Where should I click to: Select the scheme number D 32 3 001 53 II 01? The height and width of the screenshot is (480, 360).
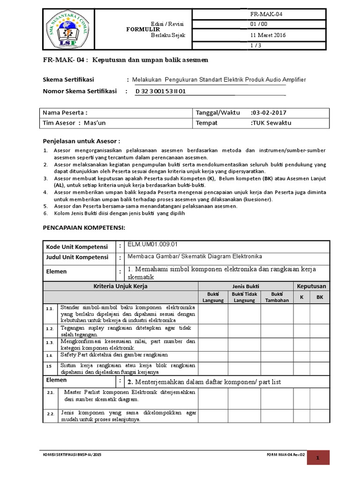pyautogui.click(x=161, y=91)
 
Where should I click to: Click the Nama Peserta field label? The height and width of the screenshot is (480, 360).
pyautogui.click(x=65, y=113)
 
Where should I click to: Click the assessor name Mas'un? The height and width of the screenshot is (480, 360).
pyautogui.click(x=95, y=123)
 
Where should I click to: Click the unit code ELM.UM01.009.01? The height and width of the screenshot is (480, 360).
pyautogui.click(x=153, y=244)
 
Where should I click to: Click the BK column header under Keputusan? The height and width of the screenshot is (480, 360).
pyautogui.click(x=320, y=297)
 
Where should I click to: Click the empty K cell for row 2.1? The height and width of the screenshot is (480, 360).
pyautogui.click(x=302, y=396)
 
